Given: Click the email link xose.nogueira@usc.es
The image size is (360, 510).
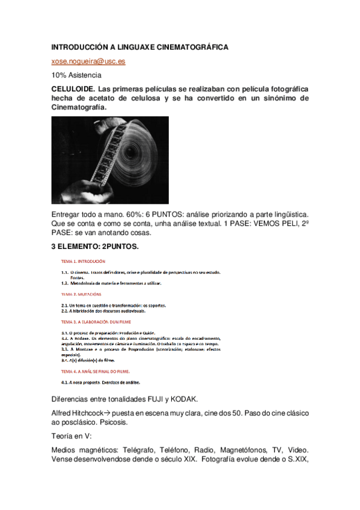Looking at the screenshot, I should click(88, 61).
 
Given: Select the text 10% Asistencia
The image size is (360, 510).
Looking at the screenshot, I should click(76, 75).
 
